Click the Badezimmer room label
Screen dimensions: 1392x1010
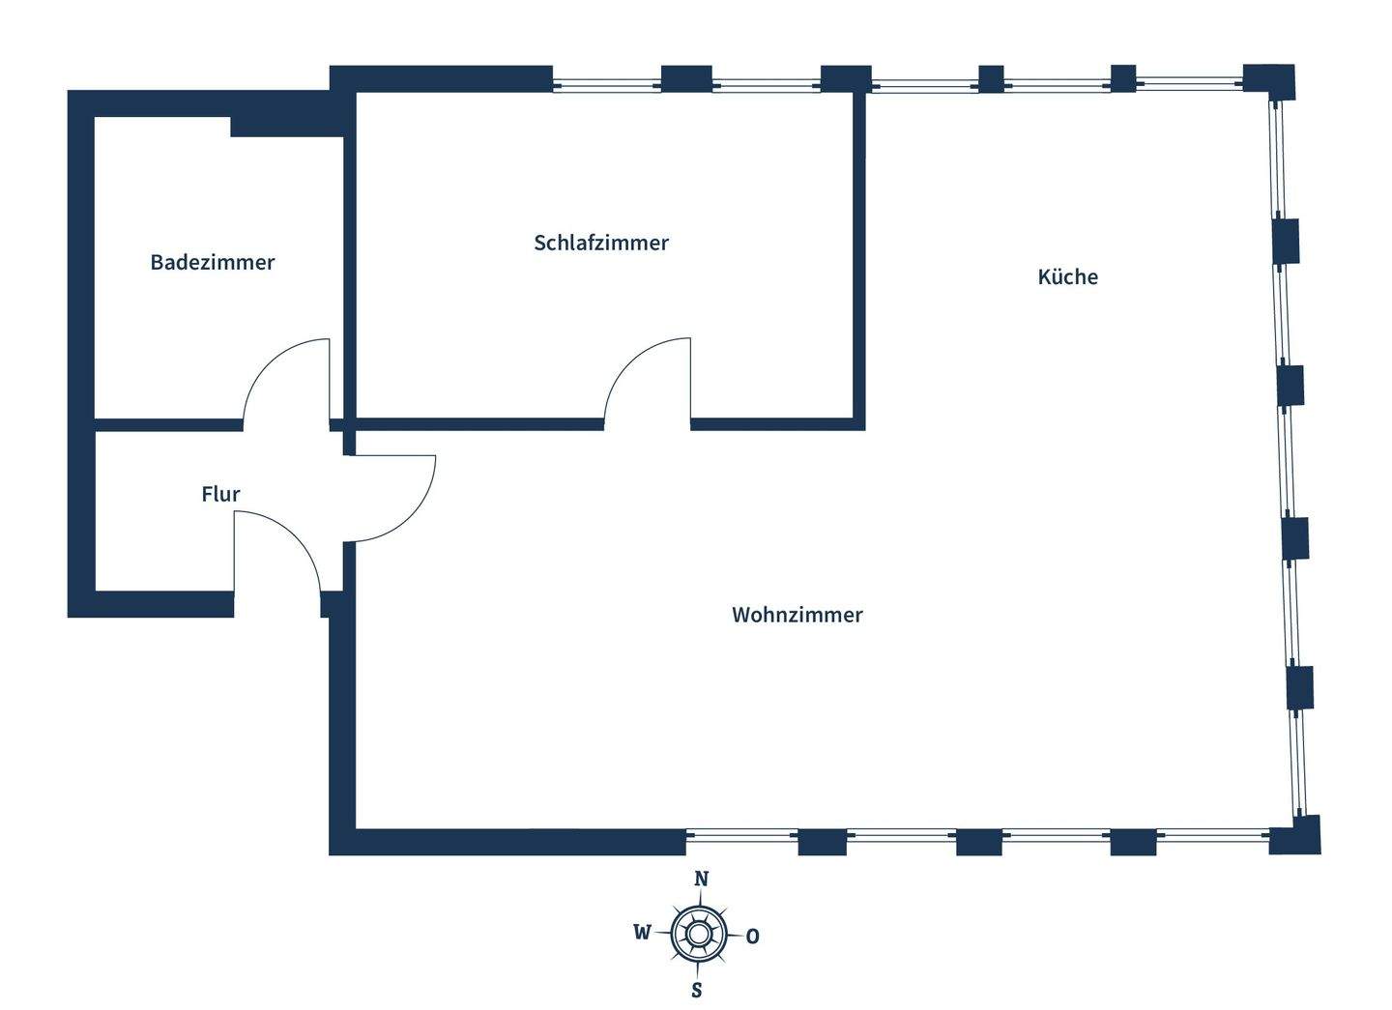tap(213, 262)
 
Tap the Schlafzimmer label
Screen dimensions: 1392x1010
tap(601, 243)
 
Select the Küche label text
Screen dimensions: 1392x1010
tap(1067, 277)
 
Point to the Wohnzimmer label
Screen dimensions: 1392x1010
tap(797, 615)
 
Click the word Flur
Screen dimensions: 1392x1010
tap(220, 494)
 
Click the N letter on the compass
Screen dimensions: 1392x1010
tap(702, 879)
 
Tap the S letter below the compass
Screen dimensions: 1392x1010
tap(696, 991)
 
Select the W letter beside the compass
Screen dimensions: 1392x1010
tap(642, 933)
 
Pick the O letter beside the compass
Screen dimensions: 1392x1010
tap(753, 937)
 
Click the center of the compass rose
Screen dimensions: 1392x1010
tap(698, 935)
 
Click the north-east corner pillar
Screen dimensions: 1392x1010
tap(1268, 81)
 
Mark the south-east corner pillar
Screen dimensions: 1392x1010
tap(1295, 835)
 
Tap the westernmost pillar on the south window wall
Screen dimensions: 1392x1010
tap(822, 842)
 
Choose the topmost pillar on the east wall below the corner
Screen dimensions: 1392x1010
tap(1286, 241)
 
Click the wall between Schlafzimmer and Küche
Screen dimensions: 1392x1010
tap(858, 256)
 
